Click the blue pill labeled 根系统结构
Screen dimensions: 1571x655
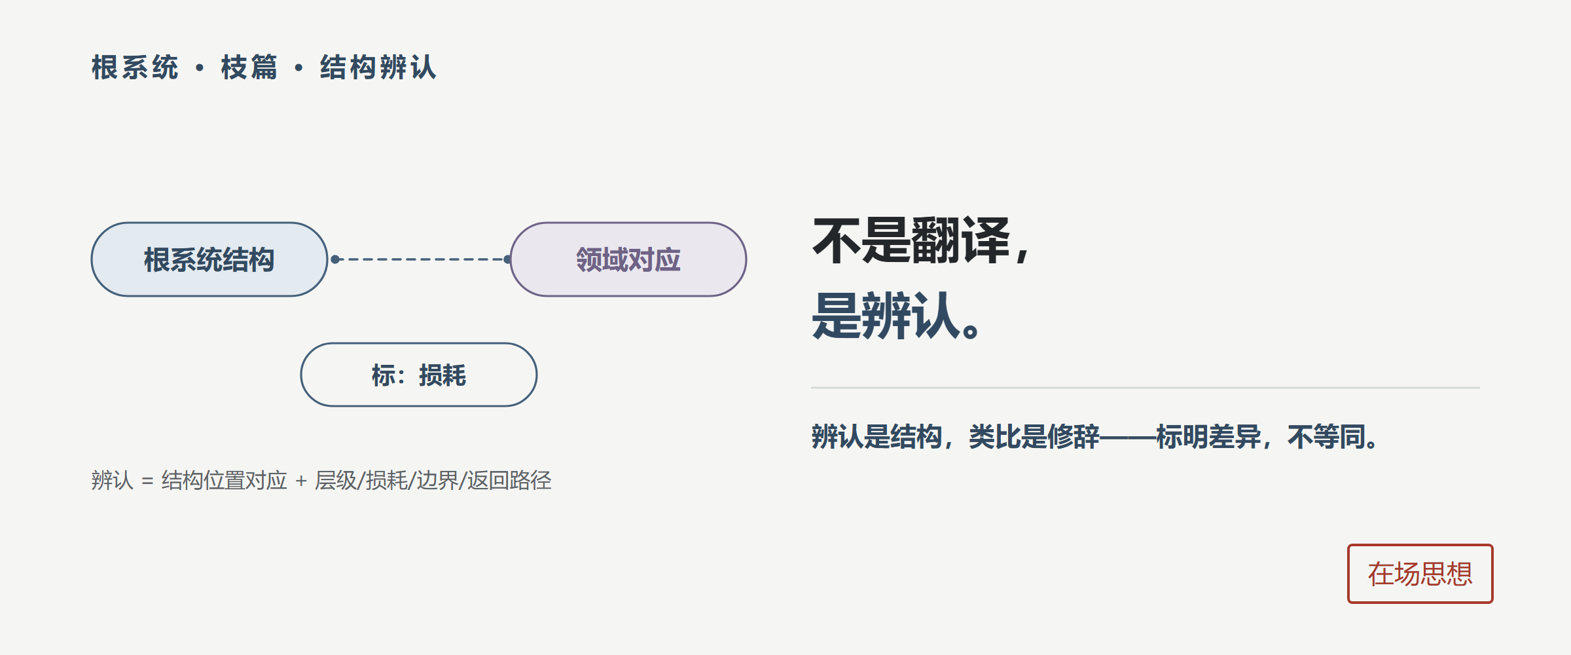coord(209,259)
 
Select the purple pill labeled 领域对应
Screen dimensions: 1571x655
coord(628,259)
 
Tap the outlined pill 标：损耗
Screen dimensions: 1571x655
coord(419,375)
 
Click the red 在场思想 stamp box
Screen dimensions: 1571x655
coord(1420,574)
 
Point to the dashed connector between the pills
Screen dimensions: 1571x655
coord(422,259)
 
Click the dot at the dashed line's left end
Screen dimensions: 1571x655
coord(335,259)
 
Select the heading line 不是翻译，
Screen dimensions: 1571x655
coord(922,241)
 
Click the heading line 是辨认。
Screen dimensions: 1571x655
coord(895,316)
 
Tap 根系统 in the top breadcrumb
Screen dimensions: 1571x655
coord(135,67)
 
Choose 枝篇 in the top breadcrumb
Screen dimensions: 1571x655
coord(249,67)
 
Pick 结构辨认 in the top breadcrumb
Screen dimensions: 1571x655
coord(378,67)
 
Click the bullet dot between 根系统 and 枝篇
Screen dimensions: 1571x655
coord(200,67)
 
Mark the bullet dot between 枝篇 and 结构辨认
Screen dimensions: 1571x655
coord(298,67)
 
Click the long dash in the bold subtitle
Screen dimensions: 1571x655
coord(1128,437)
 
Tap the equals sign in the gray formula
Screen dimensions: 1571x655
coord(147,481)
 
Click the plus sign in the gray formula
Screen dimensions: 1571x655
coord(301,481)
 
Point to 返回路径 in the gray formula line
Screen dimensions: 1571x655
coord(509,481)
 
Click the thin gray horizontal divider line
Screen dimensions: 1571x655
coord(1146,388)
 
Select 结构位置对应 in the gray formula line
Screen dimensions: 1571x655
coord(225,481)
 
